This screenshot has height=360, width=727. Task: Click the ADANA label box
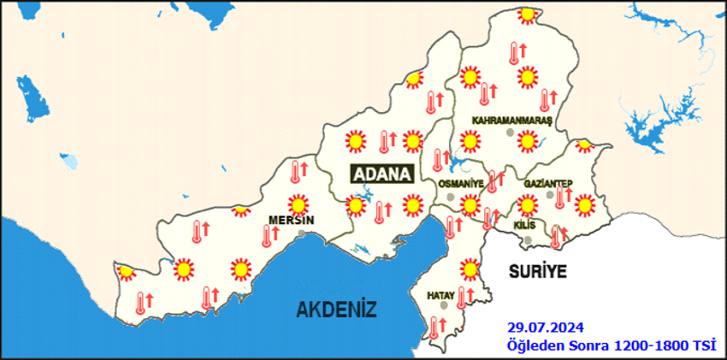click(x=382, y=174)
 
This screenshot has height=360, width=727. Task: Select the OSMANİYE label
click(x=460, y=184)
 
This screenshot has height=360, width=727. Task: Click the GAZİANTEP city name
click(x=547, y=184)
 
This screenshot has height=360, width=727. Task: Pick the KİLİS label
click(x=523, y=225)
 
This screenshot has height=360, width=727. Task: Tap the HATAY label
click(x=440, y=295)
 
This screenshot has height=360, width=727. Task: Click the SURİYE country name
click(x=538, y=271)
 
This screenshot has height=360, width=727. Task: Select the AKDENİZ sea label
click(x=337, y=309)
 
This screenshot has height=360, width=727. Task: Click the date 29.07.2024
click(x=544, y=328)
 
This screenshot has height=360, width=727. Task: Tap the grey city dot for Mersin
click(x=301, y=232)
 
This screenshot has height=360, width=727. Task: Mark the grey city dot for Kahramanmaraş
click(x=510, y=133)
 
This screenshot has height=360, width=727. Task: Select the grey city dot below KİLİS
click(x=528, y=239)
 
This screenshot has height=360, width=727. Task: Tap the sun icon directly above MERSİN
click(x=298, y=204)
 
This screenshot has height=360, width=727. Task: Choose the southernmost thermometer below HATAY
click(x=436, y=327)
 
